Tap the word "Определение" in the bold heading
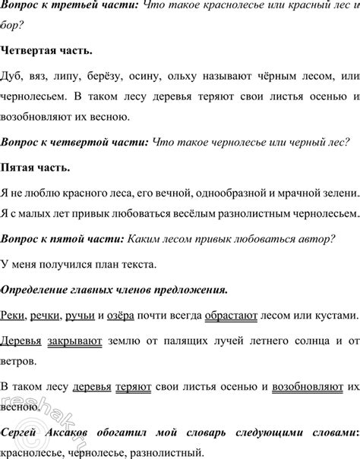click(x=37, y=289)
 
